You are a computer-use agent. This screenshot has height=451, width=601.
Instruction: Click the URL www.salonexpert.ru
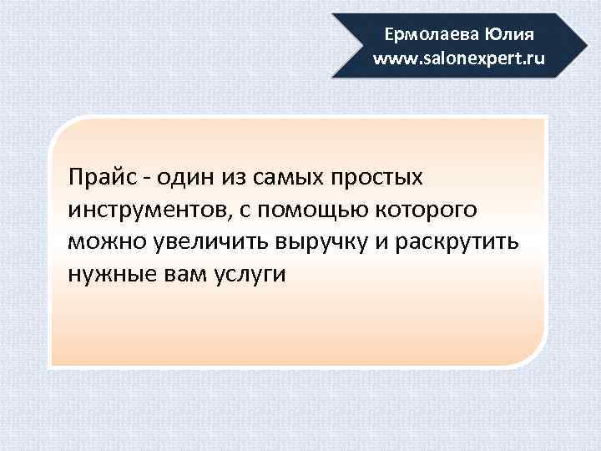click(458, 59)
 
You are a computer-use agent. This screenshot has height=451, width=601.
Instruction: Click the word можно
click(107, 242)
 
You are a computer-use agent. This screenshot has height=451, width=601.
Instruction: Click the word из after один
click(230, 178)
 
